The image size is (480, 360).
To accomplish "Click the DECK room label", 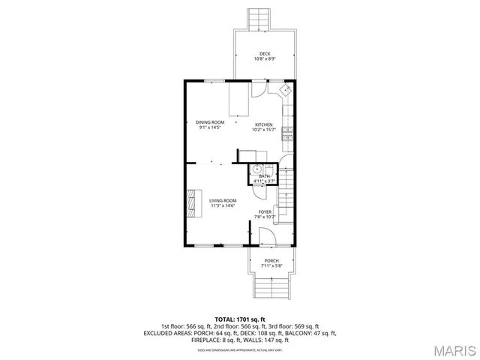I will pyautogui.click(x=264, y=53).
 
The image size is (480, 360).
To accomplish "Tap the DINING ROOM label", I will pyautogui.click(x=210, y=122).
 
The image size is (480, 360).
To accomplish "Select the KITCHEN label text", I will pyautogui.click(x=263, y=124).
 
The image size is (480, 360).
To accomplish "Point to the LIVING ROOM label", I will pyautogui.click(x=223, y=200).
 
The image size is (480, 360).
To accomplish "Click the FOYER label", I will pyautogui.click(x=265, y=212).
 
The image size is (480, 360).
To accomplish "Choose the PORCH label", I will pyautogui.click(x=271, y=260).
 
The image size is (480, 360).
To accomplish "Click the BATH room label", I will pyautogui.click(x=264, y=176).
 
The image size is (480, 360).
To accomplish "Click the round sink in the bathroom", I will pyautogui.click(x=256, y=168).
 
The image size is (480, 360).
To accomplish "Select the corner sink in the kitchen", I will pyautogui.click(x=286, y=90).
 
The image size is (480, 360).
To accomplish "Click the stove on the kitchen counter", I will pyautogui.click(x=287, y=135).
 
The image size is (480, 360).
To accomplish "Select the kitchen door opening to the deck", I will pyautogui.click(x=258, y=88).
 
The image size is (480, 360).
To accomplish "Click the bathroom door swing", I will pyautogui.click(x=258, y=190).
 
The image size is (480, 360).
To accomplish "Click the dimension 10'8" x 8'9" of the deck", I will pyautogui.click(x=264, y=59).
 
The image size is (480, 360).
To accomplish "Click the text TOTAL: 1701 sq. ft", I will pyautogui.click(x=240, y=319).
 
